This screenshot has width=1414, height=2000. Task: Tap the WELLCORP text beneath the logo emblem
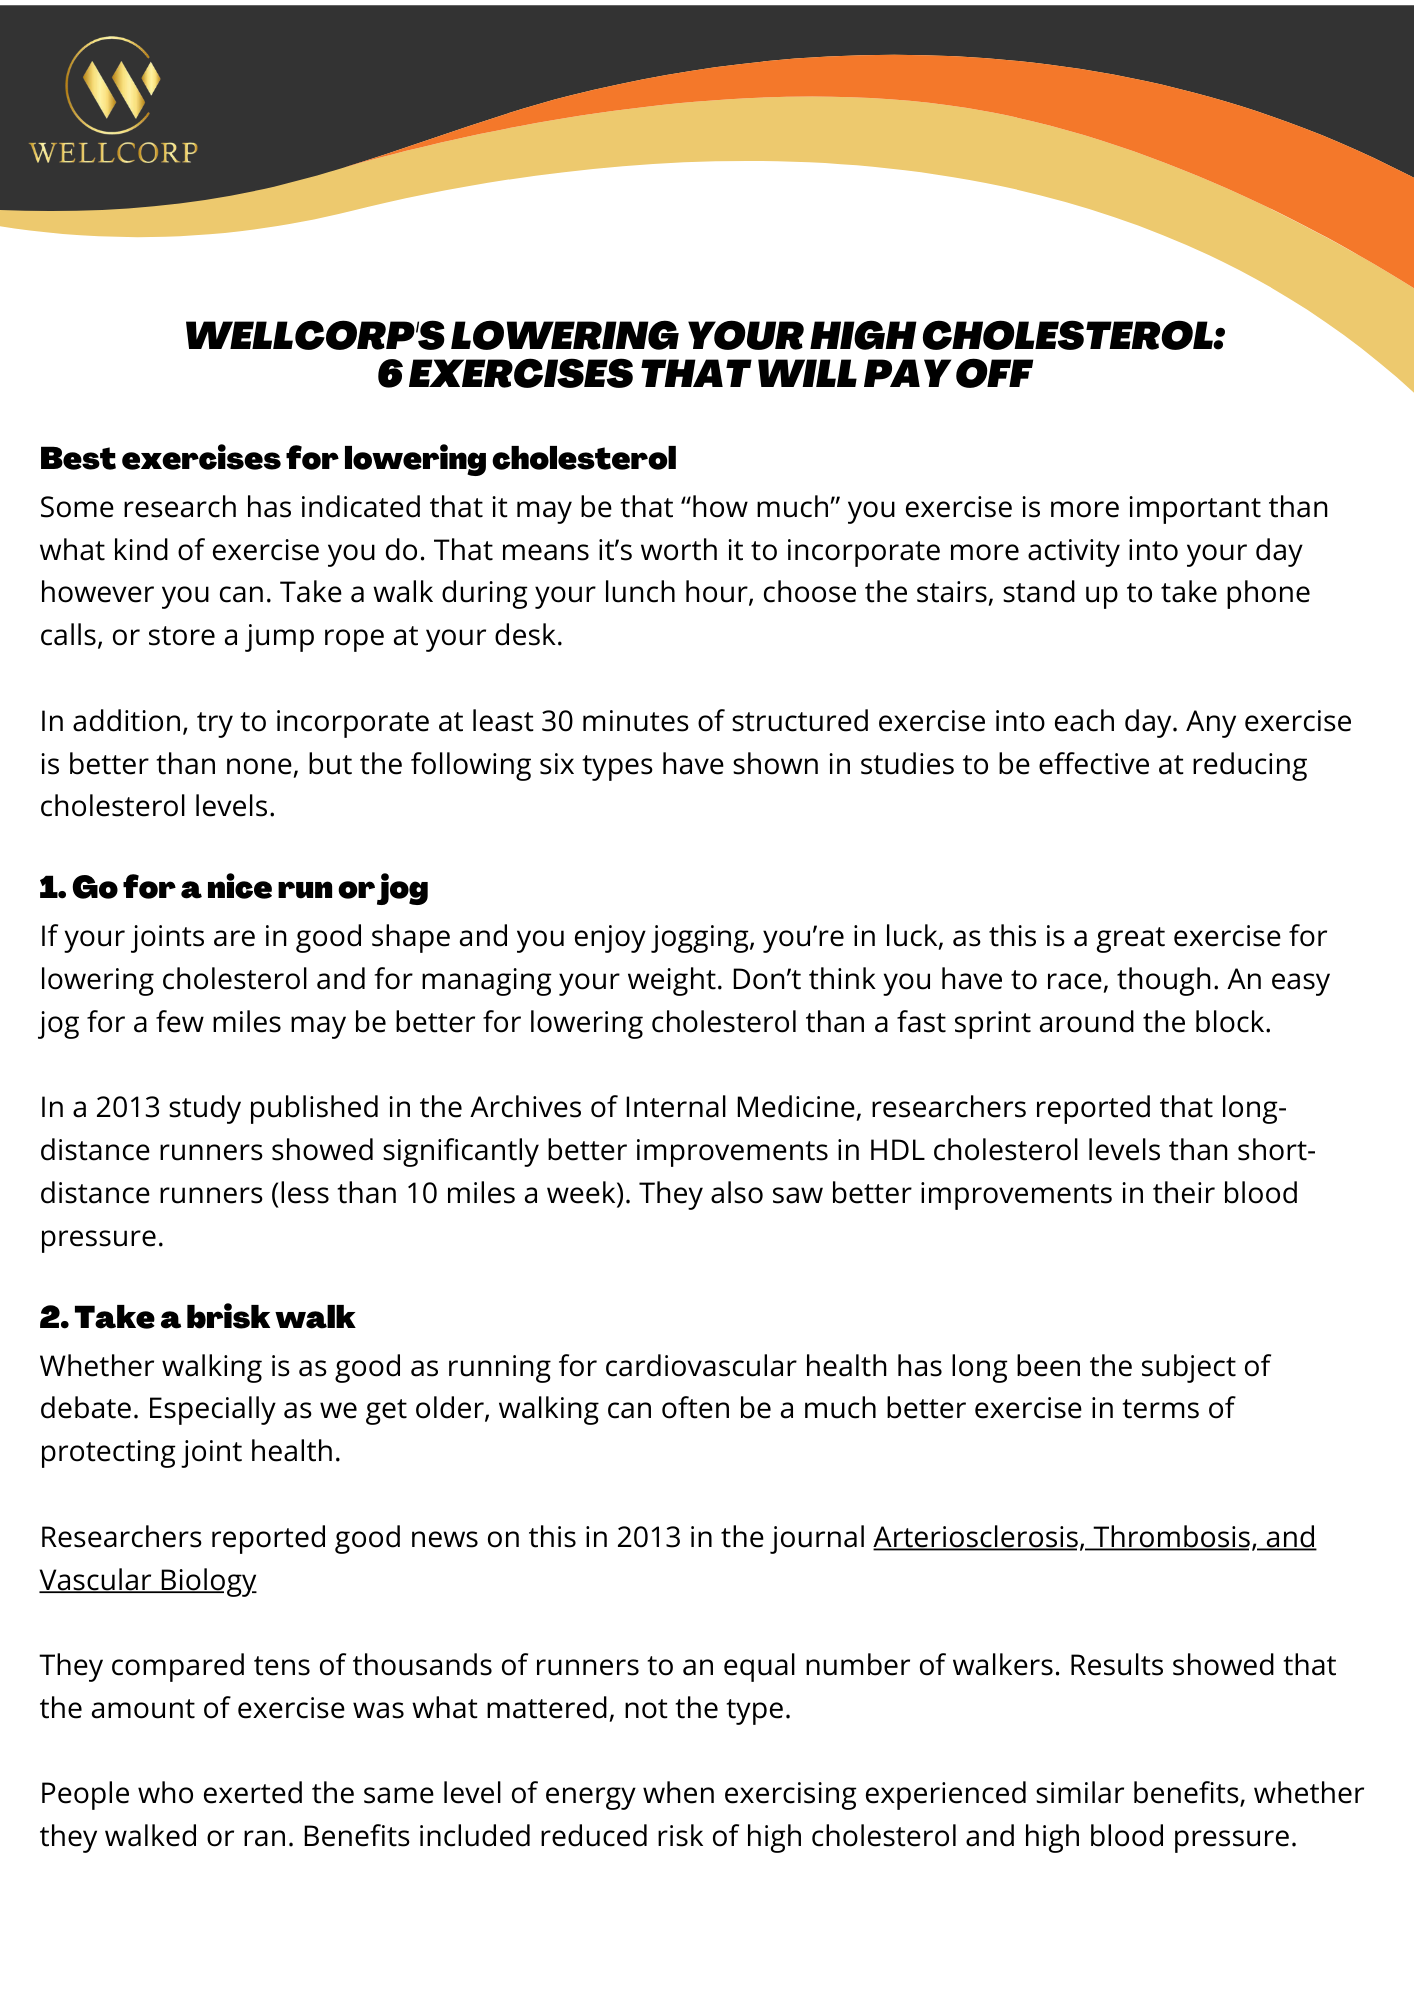pyautogui.click(x=114, y=152)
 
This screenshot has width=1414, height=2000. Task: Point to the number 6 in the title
pyautogui.click(x=389, y=375)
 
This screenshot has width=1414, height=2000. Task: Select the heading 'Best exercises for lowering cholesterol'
pyautogui.click(x=358, y=459)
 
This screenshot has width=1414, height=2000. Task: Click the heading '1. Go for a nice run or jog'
pyautogui.click(x=234, y=888)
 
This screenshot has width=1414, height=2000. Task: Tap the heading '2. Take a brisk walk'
pyautogui.click(x=197, y=1317)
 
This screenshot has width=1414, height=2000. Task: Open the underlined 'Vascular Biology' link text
pyautogui.click(x=148, y=1580)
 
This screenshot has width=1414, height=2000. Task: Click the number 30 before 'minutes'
pyautogui.click(x=557, y=721)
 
